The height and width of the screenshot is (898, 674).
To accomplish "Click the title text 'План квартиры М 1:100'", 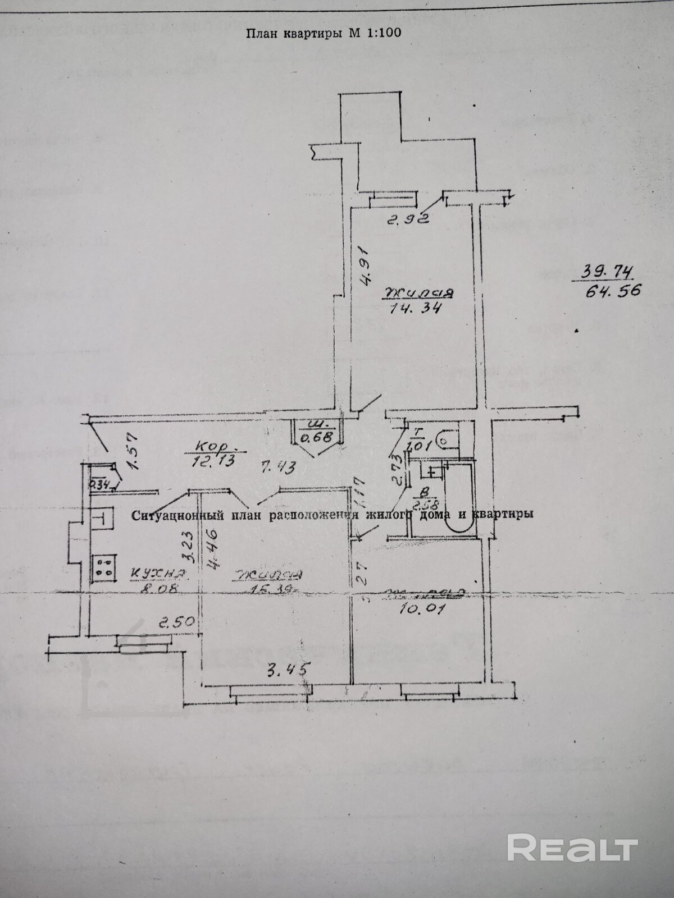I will coord(323,33).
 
